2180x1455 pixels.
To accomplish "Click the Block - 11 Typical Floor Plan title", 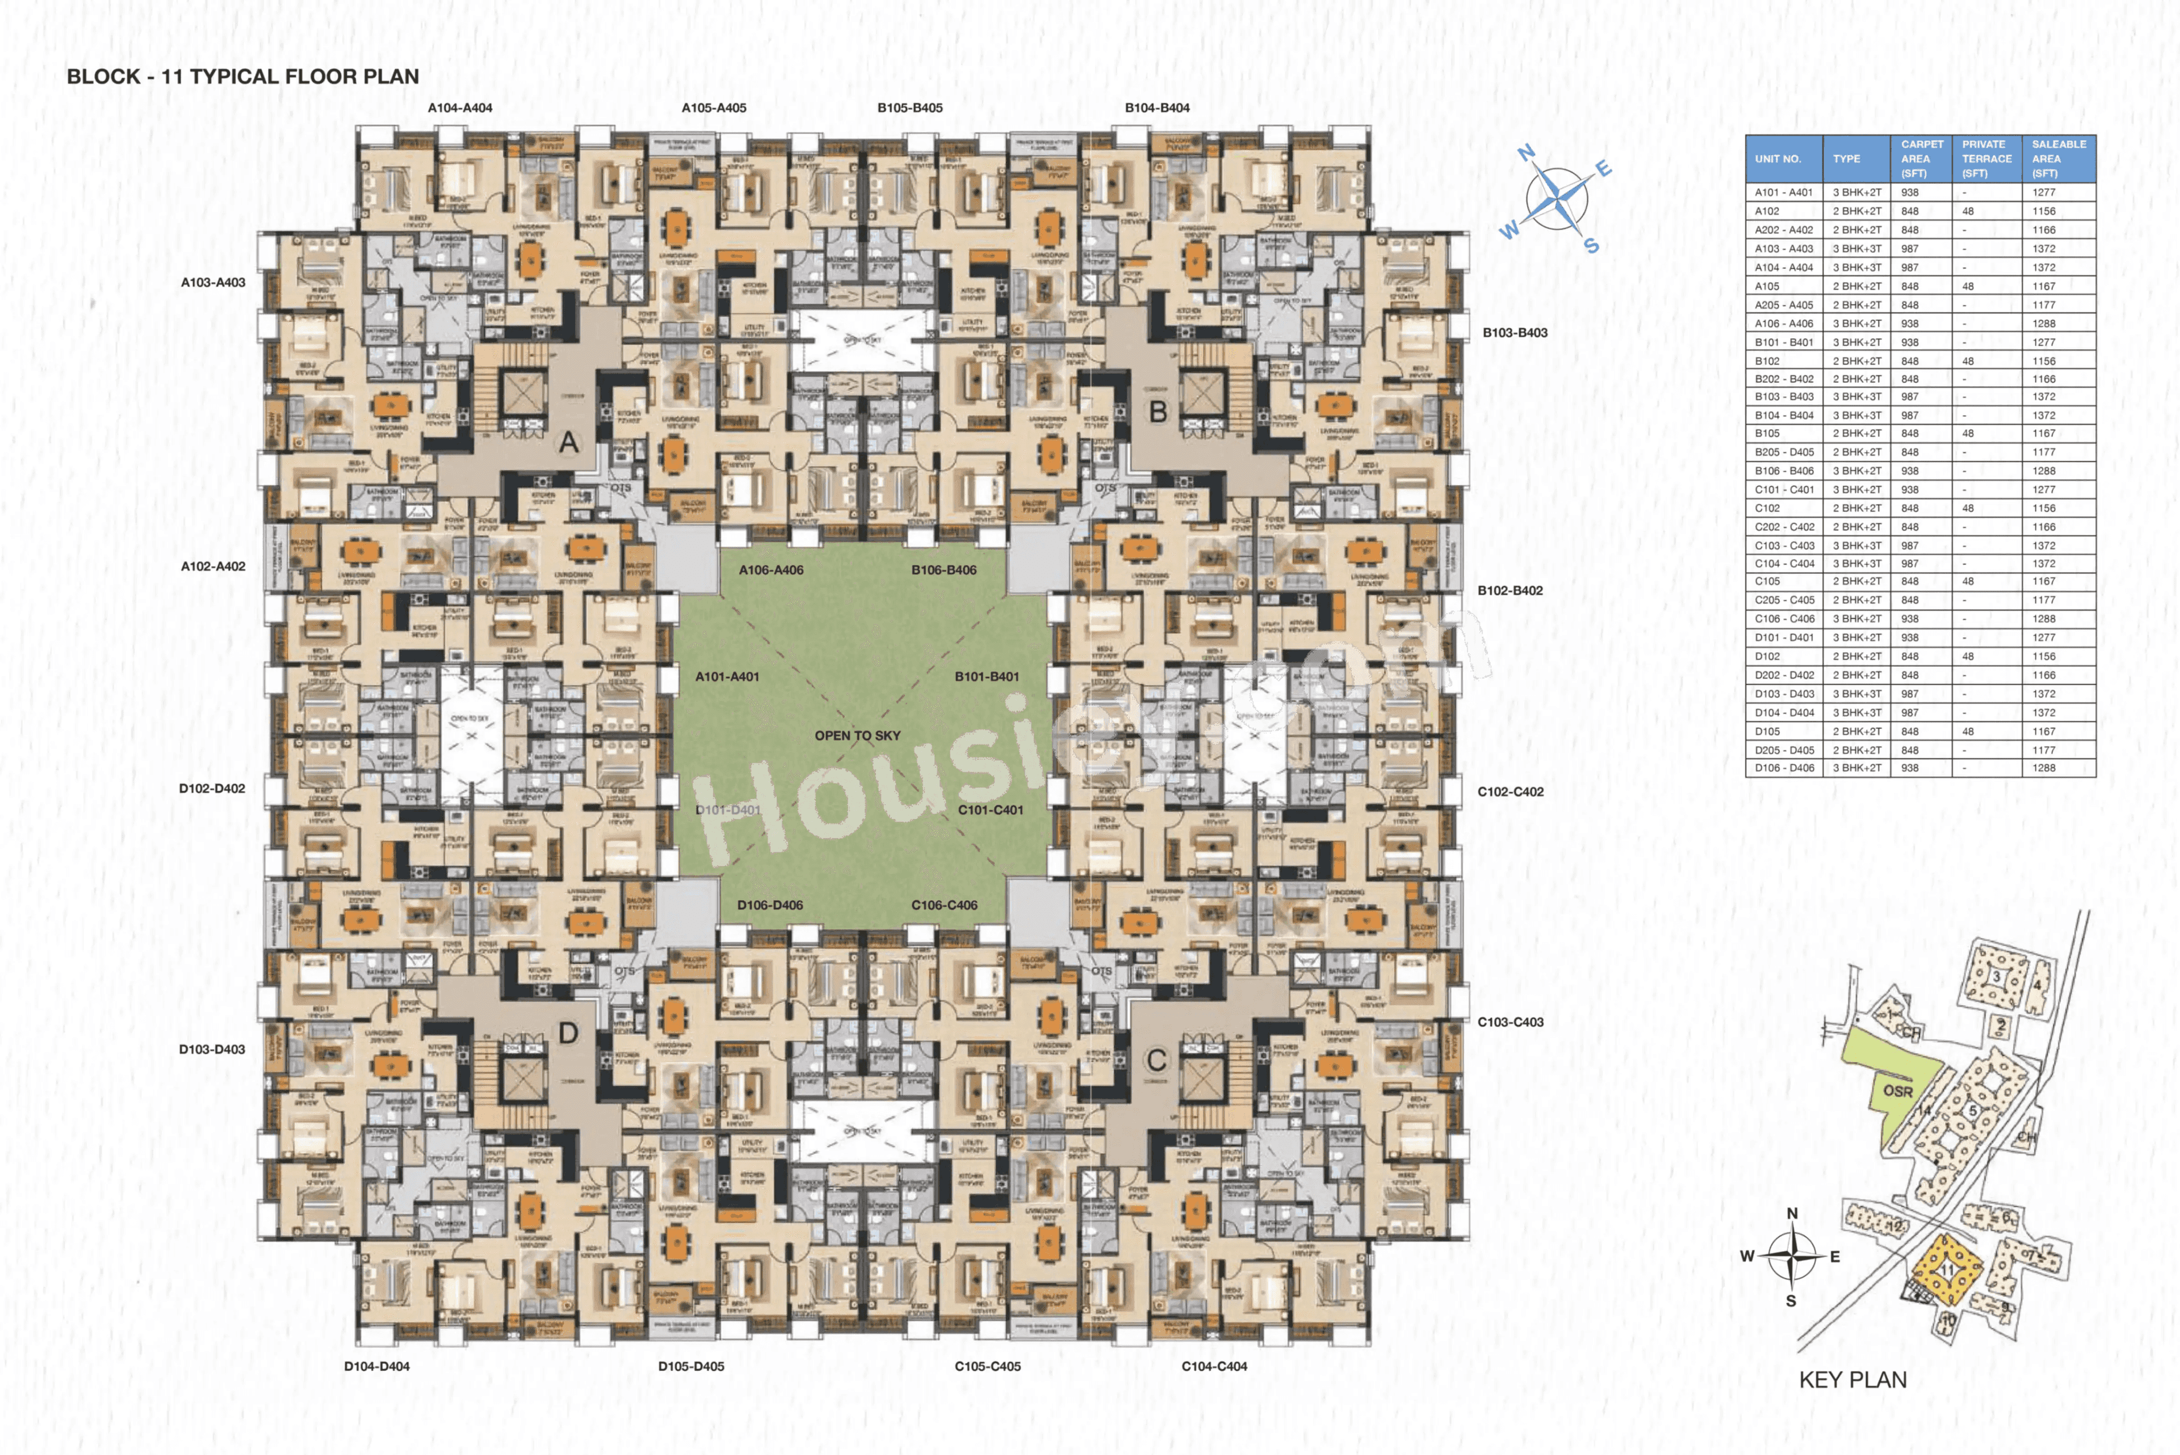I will pos(242,76).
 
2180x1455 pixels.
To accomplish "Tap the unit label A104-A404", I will pos(459,108).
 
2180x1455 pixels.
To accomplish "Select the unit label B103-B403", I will pos(1514,332).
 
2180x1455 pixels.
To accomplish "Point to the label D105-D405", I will pos(690,1366).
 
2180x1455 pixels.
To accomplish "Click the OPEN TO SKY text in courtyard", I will pos(857,735).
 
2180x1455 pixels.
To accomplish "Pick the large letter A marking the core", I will pos(569,442).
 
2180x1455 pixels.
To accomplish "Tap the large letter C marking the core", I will pos(1156,1060).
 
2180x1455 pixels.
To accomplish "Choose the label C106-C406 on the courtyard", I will pos(944,905).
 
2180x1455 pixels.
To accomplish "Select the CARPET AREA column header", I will pos(1921,158).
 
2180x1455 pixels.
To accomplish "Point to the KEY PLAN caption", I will pos(1852,1380).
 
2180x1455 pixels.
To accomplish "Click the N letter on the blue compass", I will pos(1525,153).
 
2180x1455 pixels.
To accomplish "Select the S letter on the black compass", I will pos(1791,1301).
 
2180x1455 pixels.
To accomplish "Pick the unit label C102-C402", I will pos(1510,792).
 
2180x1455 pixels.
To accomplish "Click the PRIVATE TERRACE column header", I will pos(1986,158).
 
